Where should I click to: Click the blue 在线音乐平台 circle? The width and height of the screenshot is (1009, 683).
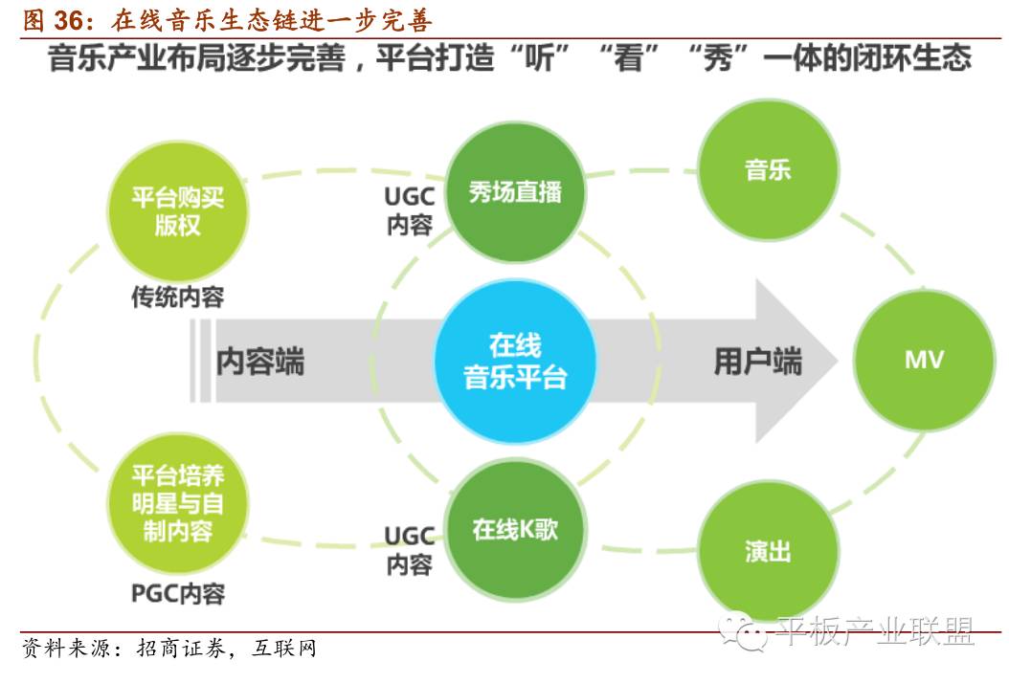tap(514, 361)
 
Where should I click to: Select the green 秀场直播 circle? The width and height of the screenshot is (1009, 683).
tap(515, 192)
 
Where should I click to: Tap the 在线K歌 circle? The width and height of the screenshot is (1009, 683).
tap(515, 529)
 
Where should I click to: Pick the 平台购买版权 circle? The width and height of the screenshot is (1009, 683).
tap(177, 212)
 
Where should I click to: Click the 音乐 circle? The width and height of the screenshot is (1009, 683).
tap(768, 170)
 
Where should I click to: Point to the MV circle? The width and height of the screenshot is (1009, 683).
tap(924, 360)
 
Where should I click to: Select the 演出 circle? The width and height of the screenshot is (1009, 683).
tap(768, 551)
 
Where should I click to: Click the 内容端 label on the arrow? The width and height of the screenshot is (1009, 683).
tap(260, 362)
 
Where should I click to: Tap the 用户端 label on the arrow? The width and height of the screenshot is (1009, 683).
tap(757, 362)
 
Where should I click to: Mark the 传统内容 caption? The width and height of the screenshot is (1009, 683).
tap(177, 297)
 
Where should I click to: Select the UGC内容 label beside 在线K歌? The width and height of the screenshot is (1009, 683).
tap(410, 550)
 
